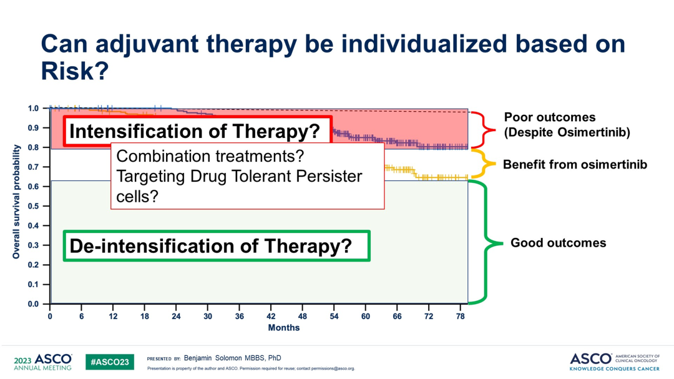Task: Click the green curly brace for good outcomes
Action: pos(487,243)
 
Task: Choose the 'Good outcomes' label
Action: pos(558,243)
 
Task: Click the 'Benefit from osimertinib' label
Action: pos(575,165)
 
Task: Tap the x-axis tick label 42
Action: pos(271,317)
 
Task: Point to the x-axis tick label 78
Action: pos(461,317)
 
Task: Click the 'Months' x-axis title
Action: pos(283,328)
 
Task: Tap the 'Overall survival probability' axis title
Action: pos(17,202)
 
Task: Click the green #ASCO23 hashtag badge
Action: pos(109,362)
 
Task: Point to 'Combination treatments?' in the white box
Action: pos(210,156)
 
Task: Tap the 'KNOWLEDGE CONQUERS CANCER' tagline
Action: pos(615,369)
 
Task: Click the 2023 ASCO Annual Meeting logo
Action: pos(42,362)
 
